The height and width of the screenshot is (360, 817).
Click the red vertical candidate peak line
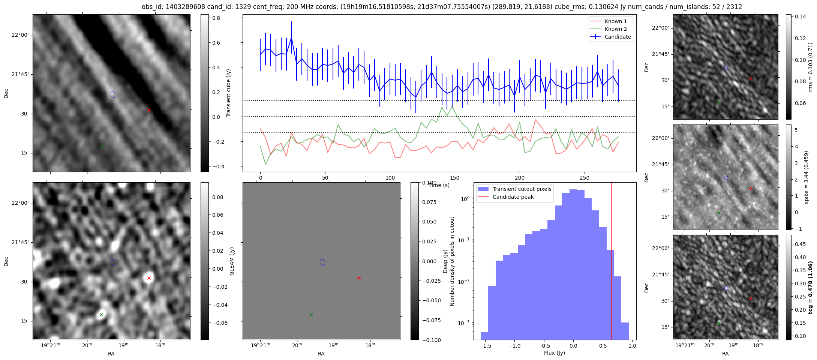[x=611, y=261]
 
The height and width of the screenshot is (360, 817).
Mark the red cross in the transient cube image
[x=149, y=110]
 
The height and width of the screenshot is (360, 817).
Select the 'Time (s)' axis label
[x=439, y=185]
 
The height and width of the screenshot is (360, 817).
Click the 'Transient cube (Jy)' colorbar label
[x=229, y=93]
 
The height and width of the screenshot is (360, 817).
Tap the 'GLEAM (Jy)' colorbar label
[x=232, y=261]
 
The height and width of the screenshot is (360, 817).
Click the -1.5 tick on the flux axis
[x=485, y=346]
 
